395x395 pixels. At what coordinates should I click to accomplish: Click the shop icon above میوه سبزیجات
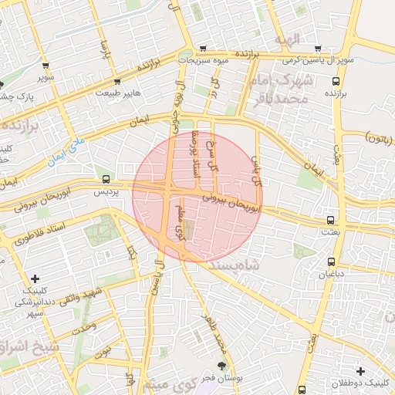202,48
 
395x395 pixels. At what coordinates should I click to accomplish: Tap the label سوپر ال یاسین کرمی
317,59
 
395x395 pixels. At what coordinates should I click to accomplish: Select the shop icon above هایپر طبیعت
116,81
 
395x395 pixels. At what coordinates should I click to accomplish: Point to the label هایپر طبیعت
118,93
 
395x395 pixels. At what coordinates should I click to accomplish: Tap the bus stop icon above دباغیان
332,262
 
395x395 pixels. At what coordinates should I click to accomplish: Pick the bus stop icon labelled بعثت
330,220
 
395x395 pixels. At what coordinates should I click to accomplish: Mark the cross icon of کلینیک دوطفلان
360,372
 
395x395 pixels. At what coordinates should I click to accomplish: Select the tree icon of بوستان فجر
223,366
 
